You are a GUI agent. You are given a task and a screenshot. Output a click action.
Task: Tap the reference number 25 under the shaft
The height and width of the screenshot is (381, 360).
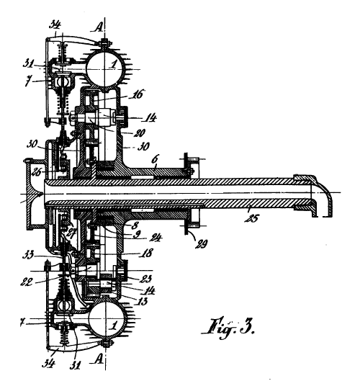[x=252, y=218]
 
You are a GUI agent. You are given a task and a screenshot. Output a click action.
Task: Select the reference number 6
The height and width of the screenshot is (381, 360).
[x=154, y=160]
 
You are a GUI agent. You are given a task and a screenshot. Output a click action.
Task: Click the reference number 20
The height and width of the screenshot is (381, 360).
[x=140, y=133]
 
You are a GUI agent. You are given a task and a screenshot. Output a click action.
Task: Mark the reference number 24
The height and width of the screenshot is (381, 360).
[x=156, y=238]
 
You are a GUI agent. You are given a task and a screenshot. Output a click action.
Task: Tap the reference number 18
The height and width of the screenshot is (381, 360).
[x=146, y=253]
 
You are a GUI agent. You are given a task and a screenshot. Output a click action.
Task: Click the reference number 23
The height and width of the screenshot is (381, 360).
[x=145, y=279]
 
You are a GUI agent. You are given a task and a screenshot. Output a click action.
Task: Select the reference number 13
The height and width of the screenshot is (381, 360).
[x=142, y=301]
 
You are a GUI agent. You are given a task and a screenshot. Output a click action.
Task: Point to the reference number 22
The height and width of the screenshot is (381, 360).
[x=27, y=282]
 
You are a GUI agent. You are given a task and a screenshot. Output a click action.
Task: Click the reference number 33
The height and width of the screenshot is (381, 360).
[x=29, y=256]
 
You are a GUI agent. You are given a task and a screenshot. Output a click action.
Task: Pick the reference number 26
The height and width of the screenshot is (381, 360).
[x=37, y=172]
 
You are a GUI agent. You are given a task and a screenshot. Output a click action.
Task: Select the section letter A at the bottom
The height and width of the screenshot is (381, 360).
[x=98, y=359]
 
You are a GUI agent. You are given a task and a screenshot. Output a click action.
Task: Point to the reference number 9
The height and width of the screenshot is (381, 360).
[x=137, y=235]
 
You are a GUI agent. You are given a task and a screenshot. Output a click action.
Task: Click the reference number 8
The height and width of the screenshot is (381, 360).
[x=134, y=226]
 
